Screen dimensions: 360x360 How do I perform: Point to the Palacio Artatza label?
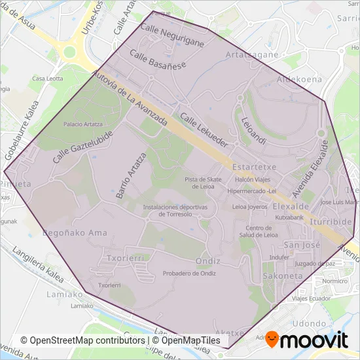coord(82,124)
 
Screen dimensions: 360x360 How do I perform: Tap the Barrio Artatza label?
coord(130,176)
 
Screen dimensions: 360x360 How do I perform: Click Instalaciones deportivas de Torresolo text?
coord(175,210)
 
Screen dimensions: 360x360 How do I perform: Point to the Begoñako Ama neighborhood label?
coord(74,232)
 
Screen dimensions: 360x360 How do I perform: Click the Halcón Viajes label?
coord(253,179)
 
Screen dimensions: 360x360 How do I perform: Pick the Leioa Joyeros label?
coord(249,206)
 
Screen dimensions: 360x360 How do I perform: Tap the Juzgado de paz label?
coord(315,263)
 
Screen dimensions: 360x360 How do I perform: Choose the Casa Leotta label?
coord(47,79)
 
